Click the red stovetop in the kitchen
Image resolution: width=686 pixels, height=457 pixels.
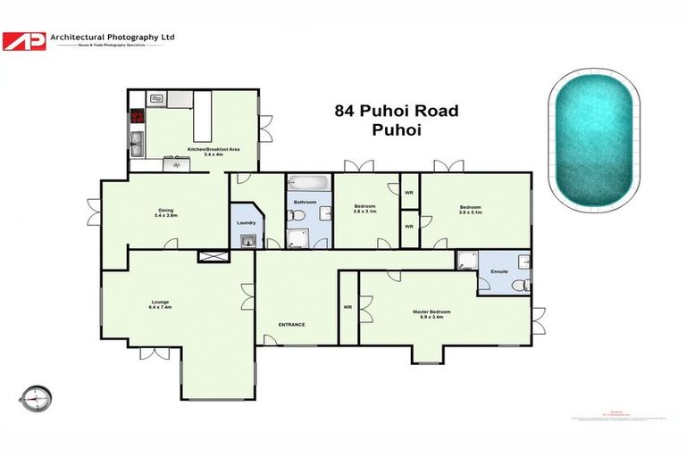[x=138, y=115]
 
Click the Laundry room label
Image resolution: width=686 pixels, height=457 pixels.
[x=246, y=223]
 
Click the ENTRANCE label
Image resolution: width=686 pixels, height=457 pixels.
[x=291, y=324]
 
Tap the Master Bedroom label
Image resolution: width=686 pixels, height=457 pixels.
[x=431, y=312]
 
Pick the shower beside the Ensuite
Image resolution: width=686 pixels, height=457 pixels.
[x=465, y=260]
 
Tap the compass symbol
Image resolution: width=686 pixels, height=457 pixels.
[x=37, y=395]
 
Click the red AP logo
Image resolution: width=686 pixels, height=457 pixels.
[x=24, y=41]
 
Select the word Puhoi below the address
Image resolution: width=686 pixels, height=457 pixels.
[x=395, y=130]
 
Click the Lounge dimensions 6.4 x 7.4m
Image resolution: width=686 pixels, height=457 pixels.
[x=161, y=307]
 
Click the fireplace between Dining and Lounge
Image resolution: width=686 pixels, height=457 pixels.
[x=213, y=257]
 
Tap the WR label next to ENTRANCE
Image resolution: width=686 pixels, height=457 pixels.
[x=348, y=307]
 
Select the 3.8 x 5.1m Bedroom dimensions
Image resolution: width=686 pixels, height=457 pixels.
[x=470, y=212]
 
